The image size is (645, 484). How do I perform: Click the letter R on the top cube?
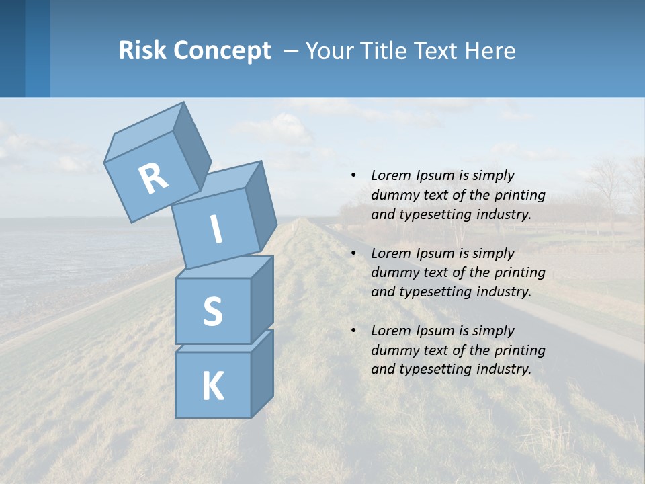[x=153, y=179]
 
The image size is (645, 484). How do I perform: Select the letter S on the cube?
[x=212, y=311]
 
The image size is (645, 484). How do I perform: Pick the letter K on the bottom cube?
[x=212, y=387]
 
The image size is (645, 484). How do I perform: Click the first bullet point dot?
[x=353, y=175]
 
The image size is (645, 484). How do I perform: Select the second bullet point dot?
[x=353, y=253]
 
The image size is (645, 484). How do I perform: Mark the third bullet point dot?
[x=353, y=331]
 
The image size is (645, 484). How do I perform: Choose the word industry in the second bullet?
[x=505, y=292]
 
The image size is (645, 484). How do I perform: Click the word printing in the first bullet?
[x=522, y=195]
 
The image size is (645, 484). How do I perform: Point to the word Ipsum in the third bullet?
[x=435, y=331]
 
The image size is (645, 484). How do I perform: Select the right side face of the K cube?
[x=262, y=373]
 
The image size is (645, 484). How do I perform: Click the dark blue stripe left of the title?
[x=12, y=48]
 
